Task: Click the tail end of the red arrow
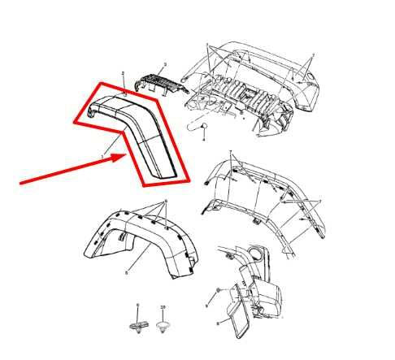[x=20, y=184]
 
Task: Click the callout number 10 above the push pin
[x=163, y=306]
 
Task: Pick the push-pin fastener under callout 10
[x=163, y=324]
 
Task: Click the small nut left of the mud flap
[x=219, y=291]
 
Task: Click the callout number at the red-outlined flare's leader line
[x=102, y=156]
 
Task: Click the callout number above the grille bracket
[x=165, y=63]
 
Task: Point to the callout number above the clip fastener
[x=137, y=306]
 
